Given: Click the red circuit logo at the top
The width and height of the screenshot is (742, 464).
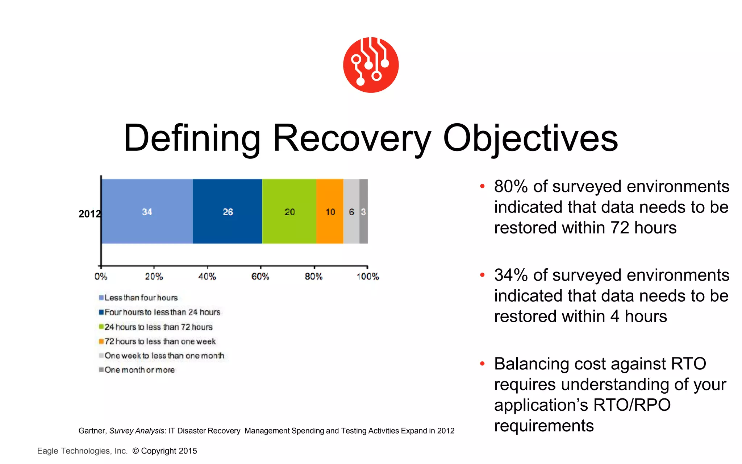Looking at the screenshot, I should tap(371, 65).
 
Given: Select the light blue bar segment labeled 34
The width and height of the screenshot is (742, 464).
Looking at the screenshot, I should tap(147, 211).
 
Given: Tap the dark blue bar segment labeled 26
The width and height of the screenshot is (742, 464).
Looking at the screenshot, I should tap(228, 211).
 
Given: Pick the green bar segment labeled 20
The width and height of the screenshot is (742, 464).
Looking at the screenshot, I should tap(289, 211).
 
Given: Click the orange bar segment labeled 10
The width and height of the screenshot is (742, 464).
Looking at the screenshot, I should tap(330, 211).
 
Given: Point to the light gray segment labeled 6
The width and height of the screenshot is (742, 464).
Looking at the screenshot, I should tap(351, 211).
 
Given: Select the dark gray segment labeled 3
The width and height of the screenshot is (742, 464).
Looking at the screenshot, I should tap(363, 211).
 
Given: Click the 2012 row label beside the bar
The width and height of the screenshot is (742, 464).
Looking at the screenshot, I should tap(89, 214).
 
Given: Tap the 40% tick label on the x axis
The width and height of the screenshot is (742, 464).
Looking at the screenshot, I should tap(207, 277).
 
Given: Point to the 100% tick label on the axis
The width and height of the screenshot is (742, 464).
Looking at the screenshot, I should tap(367, 277).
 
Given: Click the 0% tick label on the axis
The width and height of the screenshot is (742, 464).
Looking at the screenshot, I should tap(101, 277).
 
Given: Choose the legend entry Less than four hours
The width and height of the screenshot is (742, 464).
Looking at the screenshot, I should tap(141, 298).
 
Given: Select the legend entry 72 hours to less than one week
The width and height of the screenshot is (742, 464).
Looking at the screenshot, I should tap(160, 341).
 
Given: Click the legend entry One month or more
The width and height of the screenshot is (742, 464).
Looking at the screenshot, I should tap(139, 370).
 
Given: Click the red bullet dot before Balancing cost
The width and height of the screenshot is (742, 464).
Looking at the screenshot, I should tap(482, 363).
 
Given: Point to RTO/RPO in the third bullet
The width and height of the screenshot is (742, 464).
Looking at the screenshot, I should tap(632, 405).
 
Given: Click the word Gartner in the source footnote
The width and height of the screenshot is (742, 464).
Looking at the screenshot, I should tap(92, 431).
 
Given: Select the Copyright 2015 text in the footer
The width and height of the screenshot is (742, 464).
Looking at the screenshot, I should tap(168, 451).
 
